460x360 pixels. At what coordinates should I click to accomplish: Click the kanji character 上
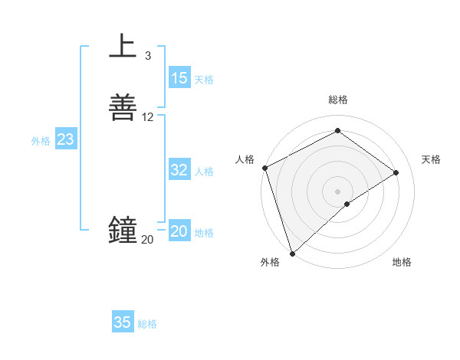(x=123, y=46)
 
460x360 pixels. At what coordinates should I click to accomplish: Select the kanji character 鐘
(x=123, y=230)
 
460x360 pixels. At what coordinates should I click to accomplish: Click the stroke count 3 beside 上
(x=148, y=55)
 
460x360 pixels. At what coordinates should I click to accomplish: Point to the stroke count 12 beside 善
(x=148, y=117)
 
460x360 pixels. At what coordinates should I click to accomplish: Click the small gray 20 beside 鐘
(x=147, y=240)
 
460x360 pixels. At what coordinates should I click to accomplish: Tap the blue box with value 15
(x=179, y=78)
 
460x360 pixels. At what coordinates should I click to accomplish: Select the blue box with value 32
(x=179, y=171)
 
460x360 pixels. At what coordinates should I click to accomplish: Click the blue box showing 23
(x=65, y=140)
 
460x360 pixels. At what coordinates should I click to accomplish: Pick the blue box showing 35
(x=123, y=322)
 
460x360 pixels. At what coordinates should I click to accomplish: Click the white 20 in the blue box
(x=179, y=232)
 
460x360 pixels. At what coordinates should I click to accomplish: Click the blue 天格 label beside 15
(x=204, y=80)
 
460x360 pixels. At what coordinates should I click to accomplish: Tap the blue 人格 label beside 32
(x=204, y=172)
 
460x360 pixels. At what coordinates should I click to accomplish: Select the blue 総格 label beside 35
(x=147, y=324)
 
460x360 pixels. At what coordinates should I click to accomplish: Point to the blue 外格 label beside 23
(x=41, y=141)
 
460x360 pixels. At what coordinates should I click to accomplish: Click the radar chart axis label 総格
(x=338, y=100)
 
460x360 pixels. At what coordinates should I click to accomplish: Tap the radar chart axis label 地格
(x=402, y=262)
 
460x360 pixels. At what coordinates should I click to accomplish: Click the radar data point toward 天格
(x=396, y=172)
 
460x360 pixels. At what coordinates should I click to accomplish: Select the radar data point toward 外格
(x=291, y=253)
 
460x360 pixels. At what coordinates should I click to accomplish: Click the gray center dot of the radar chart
(x=338, y=191)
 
